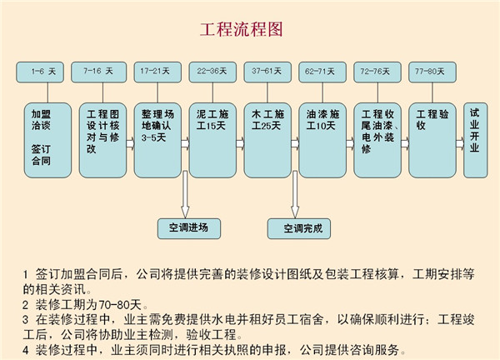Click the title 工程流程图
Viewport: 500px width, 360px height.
242,29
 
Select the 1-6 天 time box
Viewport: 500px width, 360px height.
40,72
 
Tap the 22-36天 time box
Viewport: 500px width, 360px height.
212,72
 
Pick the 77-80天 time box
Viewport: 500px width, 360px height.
432,72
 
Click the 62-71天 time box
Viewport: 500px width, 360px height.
322,72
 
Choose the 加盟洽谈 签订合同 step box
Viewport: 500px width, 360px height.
47,140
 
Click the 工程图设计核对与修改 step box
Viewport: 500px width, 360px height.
102,140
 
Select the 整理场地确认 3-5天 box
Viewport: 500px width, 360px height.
157,140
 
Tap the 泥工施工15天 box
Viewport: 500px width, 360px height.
212,140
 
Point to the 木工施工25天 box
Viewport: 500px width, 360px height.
267,140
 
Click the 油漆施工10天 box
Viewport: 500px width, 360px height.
322,140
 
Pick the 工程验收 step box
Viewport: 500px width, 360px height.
432,140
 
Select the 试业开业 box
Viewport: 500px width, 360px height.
476,140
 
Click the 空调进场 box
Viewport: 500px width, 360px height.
189,228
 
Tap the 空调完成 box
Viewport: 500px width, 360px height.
299,228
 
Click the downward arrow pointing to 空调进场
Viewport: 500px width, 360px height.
185,194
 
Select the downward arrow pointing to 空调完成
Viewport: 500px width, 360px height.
295,194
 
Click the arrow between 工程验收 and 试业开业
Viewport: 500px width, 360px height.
460,143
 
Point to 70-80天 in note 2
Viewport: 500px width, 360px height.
120,305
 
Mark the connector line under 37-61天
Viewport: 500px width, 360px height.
267,92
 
